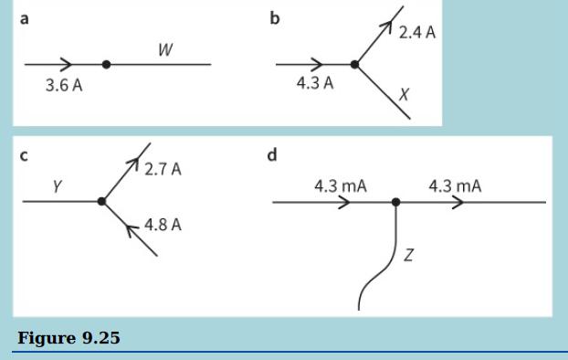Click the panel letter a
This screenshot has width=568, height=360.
[24, 18]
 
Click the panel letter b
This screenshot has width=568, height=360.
[275, 18]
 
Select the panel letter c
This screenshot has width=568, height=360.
[24, 155]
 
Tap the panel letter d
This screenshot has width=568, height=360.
[272, 155]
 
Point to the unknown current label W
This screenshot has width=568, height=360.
[165, 50]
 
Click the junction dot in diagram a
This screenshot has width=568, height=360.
[107, 64]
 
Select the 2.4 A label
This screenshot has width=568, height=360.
[417, 33]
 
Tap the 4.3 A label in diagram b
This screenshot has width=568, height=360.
[315, 85]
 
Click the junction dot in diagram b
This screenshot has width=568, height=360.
[356, 64]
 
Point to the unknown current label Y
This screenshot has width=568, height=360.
[57, 186]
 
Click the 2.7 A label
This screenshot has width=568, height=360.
[163, 170]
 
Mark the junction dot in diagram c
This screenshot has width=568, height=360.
[102, 200]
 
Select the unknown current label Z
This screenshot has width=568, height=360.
[408, 255]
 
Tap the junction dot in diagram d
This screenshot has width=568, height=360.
[395, 202]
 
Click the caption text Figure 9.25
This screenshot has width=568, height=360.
[68, 339]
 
